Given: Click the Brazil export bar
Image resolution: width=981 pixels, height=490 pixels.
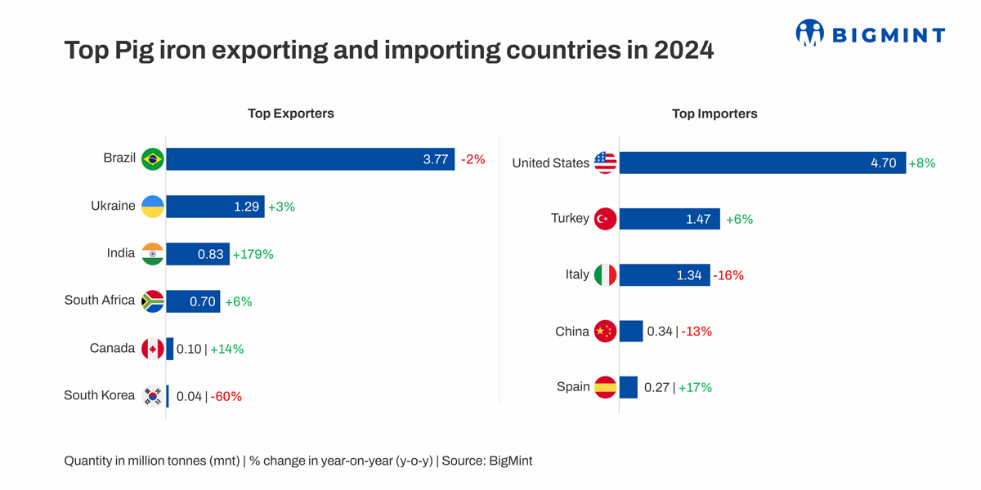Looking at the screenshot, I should pyautogui.click(x=311, y=159).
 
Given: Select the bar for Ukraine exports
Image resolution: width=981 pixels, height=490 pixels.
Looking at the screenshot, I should pyautogui.click(x=215, y=207).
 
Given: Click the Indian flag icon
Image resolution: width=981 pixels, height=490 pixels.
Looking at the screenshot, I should pyautogui.click(x=153, y=254).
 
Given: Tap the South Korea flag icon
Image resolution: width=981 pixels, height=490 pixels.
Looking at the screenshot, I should pyautogui.click(x=153, y=396).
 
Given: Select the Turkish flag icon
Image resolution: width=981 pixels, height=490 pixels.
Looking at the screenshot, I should pyautogui.click(x=605, y=219).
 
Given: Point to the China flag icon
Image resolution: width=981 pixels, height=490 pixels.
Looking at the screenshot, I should pyautogui.click(x=605, y=332).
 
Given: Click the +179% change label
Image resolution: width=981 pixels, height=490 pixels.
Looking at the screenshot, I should pyautogui.click(x=253, y=255).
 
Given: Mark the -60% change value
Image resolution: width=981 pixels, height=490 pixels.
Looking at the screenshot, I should pyautogui.click(x=226, y=397).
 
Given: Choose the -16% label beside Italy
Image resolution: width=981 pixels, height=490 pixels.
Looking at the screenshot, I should pyautogui.click(x=728, y=276).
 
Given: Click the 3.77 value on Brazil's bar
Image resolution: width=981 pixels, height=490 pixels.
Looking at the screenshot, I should pyautogui.click(x=436, y=160).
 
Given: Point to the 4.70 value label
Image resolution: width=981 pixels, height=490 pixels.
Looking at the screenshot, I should pyautogui.click(x=884, y=163).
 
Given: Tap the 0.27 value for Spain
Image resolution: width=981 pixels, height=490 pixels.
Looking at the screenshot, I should pyautogui.click(x=656, y=388).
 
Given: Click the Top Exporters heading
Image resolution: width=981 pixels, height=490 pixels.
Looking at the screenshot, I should pyautogui.click(x=291, y=114).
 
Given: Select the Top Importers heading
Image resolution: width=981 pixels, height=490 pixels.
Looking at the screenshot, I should pyautogui.click(x=714, y=114).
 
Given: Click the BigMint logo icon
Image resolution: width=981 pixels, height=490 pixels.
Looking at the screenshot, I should pyautogui.click(x=809, y=33).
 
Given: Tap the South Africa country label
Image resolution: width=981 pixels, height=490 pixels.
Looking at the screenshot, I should pyautogui.click(x=100, y=301).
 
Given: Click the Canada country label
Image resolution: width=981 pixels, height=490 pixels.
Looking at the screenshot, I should pyautogui.click(x=112, y=349).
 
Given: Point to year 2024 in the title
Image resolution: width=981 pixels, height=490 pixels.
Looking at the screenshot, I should pyautogui.click(x=684, y=51).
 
